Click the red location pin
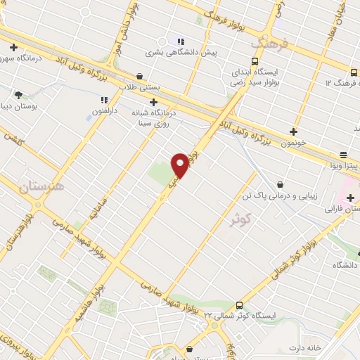click(x=181, y=165)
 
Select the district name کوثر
click(x=240, y=219)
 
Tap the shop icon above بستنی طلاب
click(x=140, y=76)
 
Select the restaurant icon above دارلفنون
click(x=104, y=100)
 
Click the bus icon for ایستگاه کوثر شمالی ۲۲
click(x=240, y=305)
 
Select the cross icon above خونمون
click(x=294, y=131)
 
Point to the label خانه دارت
click(x=304, y=347)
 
